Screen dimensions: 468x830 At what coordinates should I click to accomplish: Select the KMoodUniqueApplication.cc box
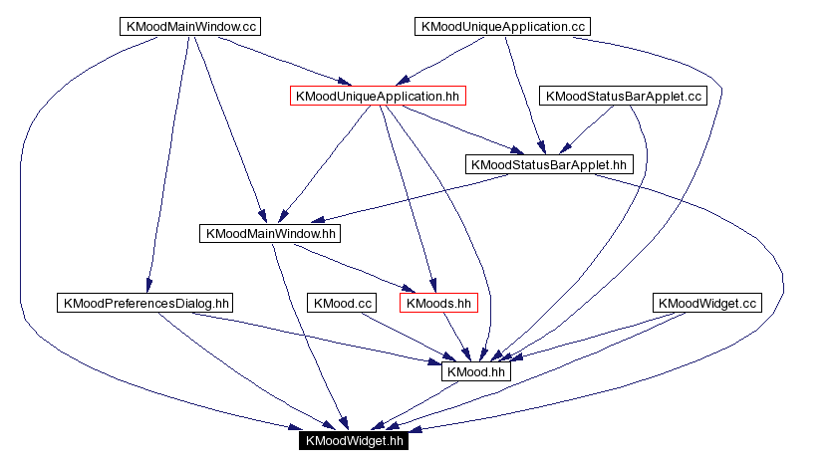click(x=501, y=27)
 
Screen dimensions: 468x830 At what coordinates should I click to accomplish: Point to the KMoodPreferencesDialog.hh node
click(x=145, y=303)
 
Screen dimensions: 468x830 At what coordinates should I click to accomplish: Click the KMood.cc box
click(x=344, y=303)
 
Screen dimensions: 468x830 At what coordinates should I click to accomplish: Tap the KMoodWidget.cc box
click(x=708, y=303)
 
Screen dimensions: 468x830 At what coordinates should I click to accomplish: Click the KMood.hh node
click(x=477, y=371)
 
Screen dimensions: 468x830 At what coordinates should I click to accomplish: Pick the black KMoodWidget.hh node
click(x=353, y=440)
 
